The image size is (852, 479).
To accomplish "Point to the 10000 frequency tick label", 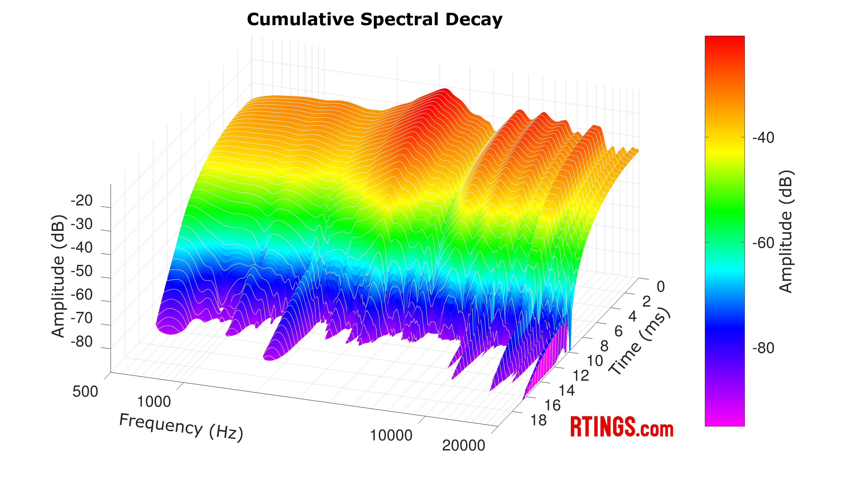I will coord(391,435).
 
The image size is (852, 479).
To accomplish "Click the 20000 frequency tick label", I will coord(463,446).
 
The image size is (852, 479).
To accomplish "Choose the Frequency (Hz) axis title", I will coord(181,427).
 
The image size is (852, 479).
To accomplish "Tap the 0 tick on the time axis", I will coord(661,287).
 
